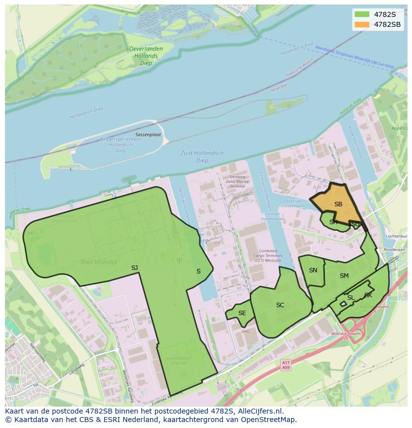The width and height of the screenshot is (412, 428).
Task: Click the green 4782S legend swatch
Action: (x=362, y=14)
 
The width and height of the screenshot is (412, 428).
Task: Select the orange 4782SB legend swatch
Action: (x=362, y=24)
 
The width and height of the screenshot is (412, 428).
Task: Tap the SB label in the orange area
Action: (x=338, y=204)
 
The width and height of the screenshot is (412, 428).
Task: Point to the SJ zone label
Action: (x=134, y=268)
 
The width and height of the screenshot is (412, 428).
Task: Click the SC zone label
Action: (x=280, y=305)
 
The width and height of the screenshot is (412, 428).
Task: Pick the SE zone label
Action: (x=242, y=313)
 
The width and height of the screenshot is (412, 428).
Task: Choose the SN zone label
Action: (x=313, y=270)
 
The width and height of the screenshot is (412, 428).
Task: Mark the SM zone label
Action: (x=344, y=276)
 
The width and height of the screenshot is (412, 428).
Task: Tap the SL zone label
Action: (x=350, y=298)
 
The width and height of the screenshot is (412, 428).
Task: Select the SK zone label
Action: (x=368, y=295)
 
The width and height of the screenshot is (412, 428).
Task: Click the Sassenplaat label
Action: (x=148, y=135)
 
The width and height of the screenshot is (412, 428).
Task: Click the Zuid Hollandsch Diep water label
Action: (x=202, y=157)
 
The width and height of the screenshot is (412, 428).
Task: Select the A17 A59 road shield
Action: (x=286, y=365)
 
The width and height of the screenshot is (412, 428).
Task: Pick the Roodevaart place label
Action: (x=395, y=250)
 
